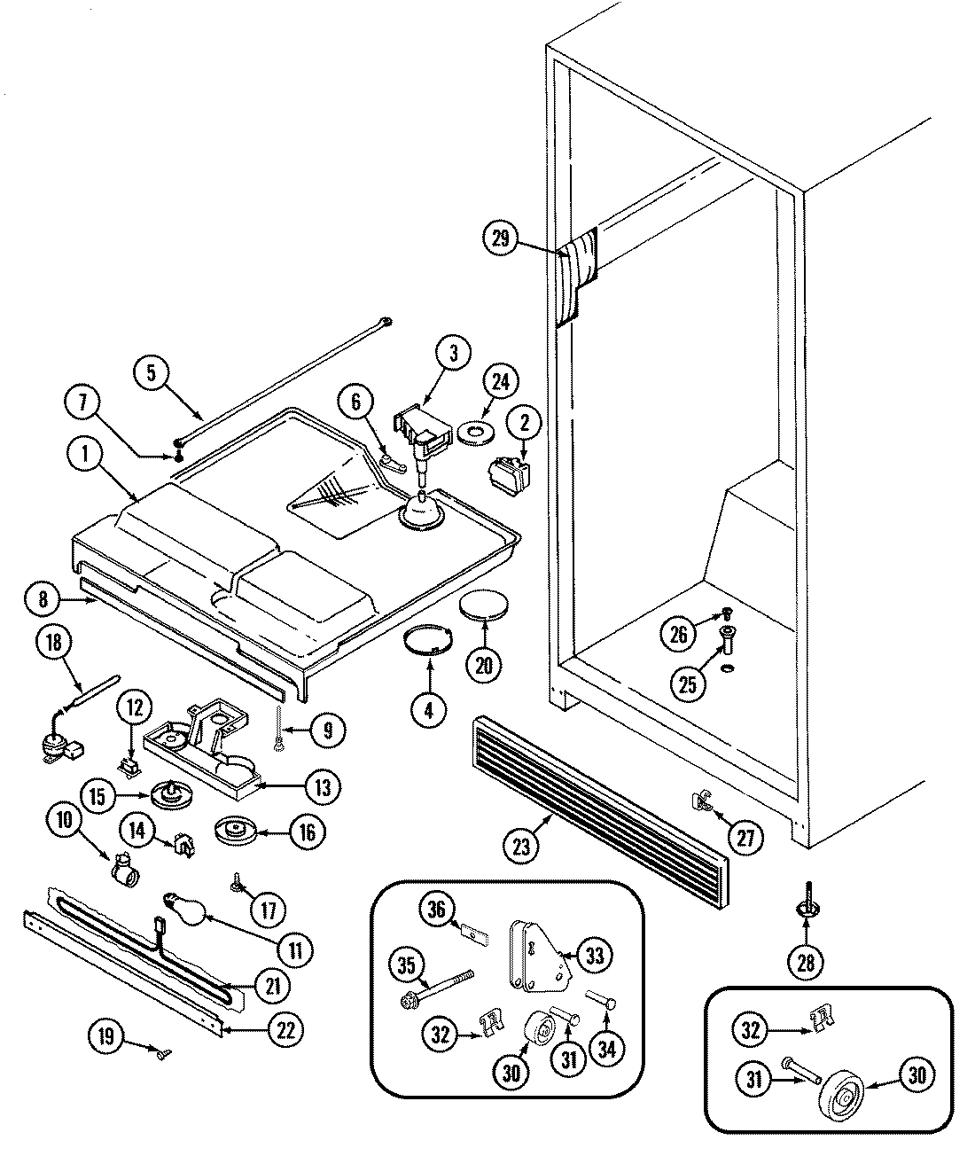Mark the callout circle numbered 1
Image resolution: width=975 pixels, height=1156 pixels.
tap(87, 457)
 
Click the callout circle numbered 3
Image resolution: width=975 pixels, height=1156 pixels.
tap(454, 354)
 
